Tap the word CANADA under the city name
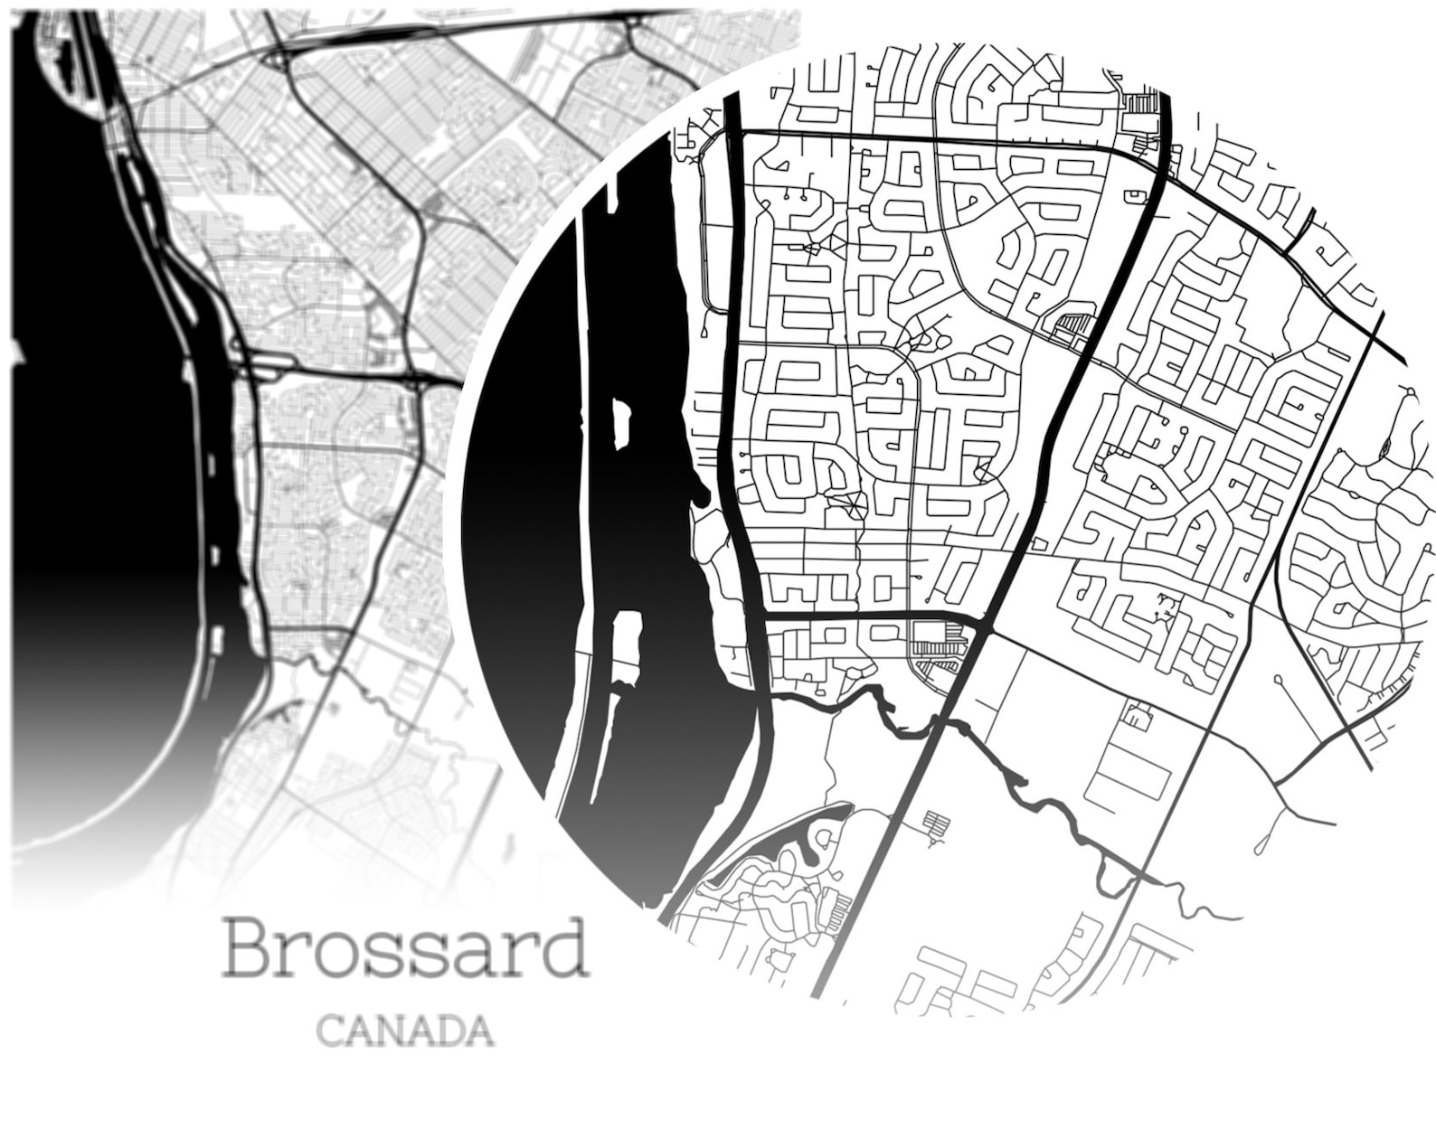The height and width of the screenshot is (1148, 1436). pyautogui.click(x=406, y=1031)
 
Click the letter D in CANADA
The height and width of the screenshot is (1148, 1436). pyautogui.click(x=449, y=1031)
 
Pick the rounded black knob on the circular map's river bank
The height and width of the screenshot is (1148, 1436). pyautogui.click(x=701, y=495)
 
